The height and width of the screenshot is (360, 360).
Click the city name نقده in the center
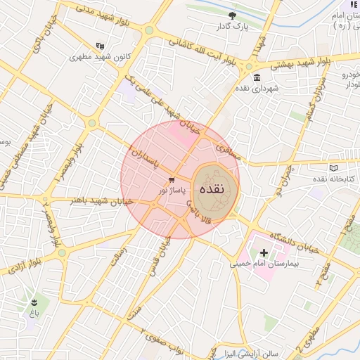[212, 188]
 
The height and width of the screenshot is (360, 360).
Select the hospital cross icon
[264, 252]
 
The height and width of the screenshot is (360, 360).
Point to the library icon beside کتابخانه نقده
[333, 167]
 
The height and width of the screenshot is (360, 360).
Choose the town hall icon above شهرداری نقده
[256, 77]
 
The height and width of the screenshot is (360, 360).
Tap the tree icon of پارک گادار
[233, 15]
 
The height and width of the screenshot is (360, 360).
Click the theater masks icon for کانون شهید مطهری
[99, 45]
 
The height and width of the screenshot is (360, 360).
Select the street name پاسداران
[145, 159]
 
